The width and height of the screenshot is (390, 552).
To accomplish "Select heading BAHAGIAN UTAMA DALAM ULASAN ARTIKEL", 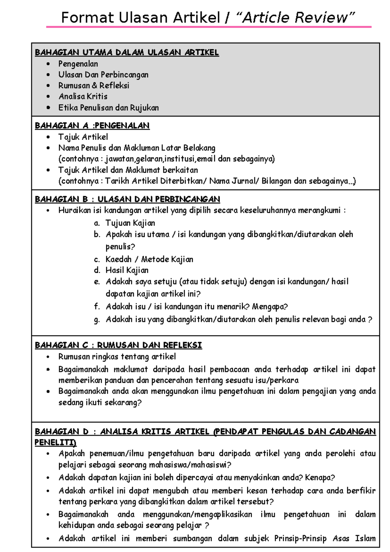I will click(x=127, y=52).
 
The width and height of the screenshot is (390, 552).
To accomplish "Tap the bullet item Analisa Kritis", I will click(x=83, y=96).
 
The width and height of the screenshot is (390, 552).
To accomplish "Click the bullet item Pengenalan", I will click(x=78, y=64).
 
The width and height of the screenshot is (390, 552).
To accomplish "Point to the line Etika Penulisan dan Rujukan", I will click(x=109, y=107).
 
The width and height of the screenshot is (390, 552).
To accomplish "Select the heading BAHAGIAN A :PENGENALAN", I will click(x=92, y=126).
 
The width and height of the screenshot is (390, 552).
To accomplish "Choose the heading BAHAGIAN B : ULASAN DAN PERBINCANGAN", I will click(x=127, y=199).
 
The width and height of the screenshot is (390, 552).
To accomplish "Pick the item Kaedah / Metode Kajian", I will click(x=149, y=259).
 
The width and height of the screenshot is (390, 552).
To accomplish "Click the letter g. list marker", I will click(x=97, y=320).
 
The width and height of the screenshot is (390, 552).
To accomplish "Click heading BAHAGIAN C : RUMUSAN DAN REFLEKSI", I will click(x=118, y=345).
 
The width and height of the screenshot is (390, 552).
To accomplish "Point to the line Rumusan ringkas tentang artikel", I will click(x=117, y=357).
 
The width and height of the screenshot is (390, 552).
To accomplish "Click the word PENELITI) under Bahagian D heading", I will click(x=56, y=443).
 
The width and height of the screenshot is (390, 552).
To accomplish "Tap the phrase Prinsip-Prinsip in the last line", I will click(x=300, y=539).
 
